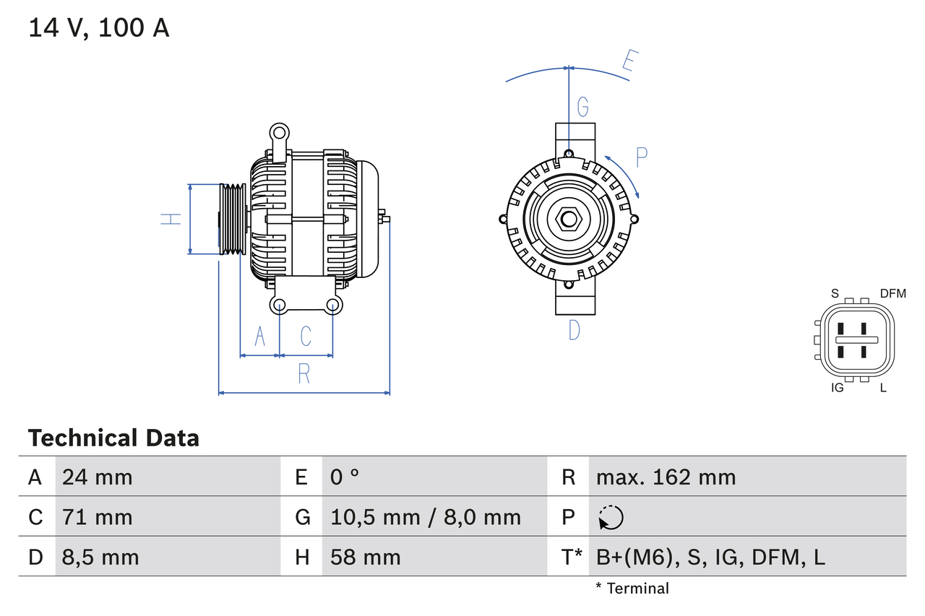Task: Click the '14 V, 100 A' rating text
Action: pos(98,27)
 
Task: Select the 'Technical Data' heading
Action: pos(113,438)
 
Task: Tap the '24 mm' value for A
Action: pos(98,477)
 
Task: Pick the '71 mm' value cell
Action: pos(98,517)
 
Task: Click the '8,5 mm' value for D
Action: pos(100,557)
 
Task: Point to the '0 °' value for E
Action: pos(345,477)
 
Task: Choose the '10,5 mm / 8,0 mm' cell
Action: pos(425,517)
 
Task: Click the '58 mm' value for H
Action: pos(365,557)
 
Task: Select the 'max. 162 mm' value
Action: pos(666,477)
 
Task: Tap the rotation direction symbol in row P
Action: pos(611,517)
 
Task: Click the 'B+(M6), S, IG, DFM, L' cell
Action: pos(710,557)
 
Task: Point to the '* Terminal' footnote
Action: pos(632,589)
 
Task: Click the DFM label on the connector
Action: pos(892,293)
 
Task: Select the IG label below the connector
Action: pos(838,388)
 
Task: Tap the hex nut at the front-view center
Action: pos(569,219)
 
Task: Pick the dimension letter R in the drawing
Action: pos(304,374)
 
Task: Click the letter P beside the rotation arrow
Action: pos(641,157)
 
